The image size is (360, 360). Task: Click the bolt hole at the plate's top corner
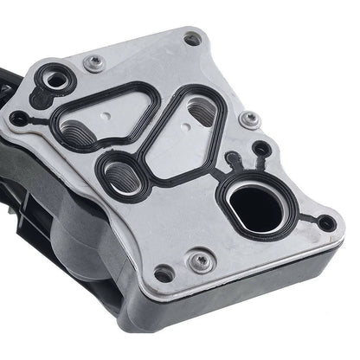(192, 38)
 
